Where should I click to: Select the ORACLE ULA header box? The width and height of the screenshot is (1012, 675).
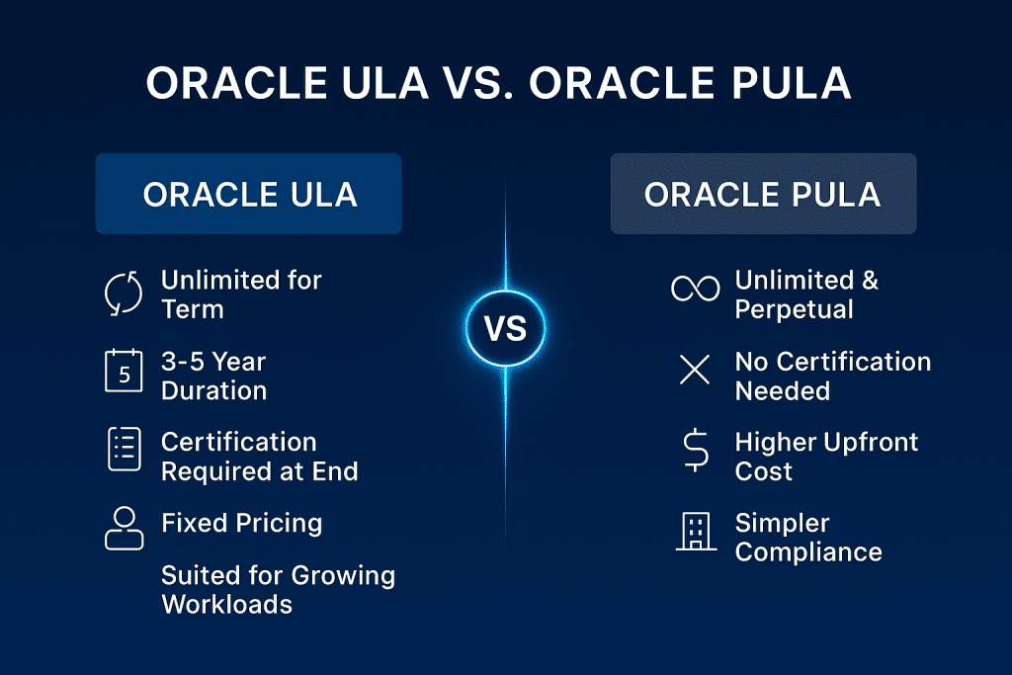click(248, 194)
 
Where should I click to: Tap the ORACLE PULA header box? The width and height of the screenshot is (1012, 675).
click(762, 194)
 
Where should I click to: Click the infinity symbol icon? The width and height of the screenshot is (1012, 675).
click(695, 289)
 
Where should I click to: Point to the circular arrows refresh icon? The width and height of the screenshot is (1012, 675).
click(125, 295)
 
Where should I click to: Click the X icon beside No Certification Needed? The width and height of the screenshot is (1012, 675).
click(695, 371)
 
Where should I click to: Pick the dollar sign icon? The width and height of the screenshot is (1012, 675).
click(695, 451)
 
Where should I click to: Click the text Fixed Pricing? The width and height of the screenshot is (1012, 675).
click(241, 522)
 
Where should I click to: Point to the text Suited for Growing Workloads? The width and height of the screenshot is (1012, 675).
click(278, 589)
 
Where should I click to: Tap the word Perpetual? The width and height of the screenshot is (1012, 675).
click(794, 309)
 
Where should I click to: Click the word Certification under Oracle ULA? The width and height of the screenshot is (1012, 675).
click(238, 442)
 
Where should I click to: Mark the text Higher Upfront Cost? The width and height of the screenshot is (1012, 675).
click(826, 457)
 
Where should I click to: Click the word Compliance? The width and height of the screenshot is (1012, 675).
click(807, 551)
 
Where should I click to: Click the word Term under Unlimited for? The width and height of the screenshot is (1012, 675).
click(192, 309)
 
